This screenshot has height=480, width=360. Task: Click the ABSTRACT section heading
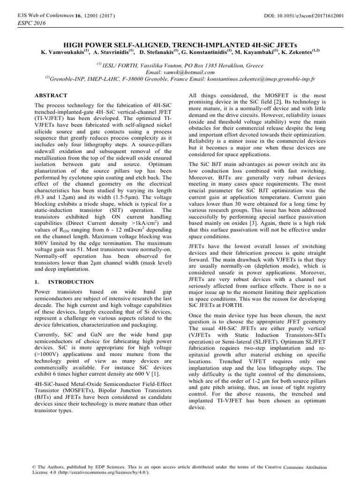pos(49,95)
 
